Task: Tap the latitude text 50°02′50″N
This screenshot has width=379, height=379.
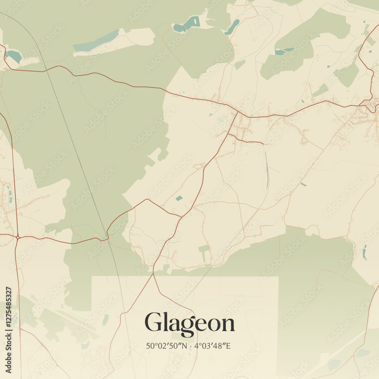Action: click(x=166, y=346)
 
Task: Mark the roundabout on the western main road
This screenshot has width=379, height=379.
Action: click(x=18, y=237)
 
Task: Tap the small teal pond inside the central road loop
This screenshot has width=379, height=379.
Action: click(x=179, y=198)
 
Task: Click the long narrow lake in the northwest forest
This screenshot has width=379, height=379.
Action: click(x=97, y=41)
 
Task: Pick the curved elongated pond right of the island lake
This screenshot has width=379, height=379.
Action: click(x=232, y=27)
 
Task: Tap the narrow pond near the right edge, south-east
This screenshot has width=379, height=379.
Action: click(x=365, y=252)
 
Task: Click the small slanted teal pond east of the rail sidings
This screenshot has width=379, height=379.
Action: click(x=303, y=184)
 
